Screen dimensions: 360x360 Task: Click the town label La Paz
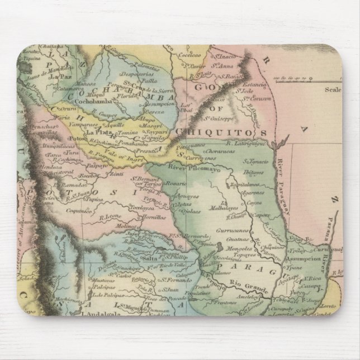(x=58, y=76)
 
